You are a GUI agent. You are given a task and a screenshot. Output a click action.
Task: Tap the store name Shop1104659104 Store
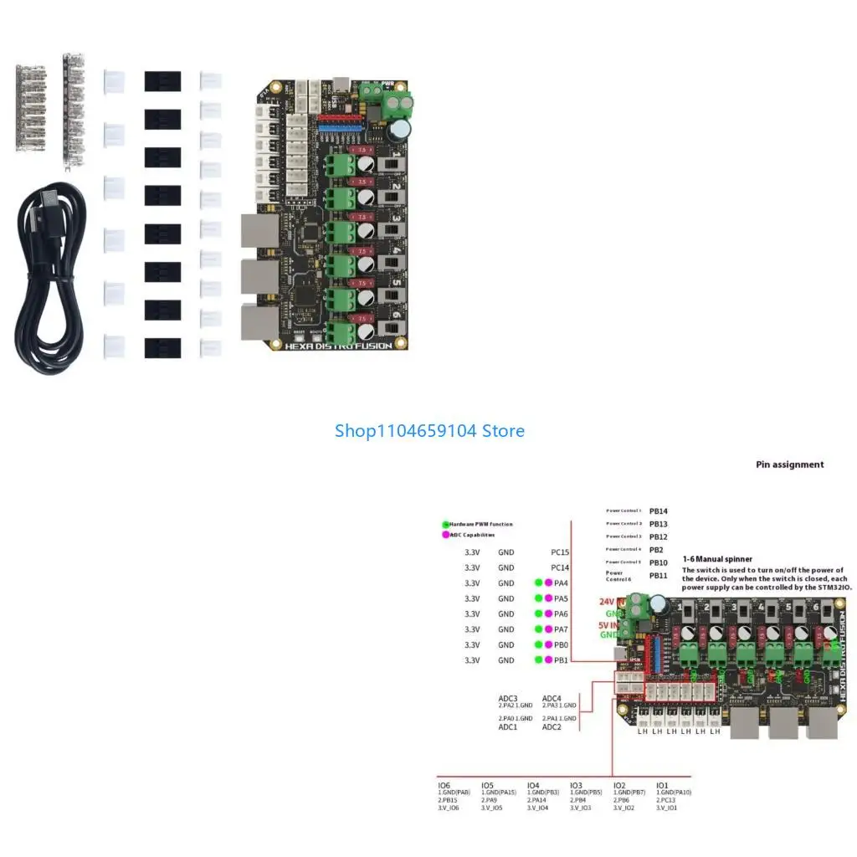[429, 431]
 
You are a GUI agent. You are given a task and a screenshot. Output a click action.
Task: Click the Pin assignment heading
[789, 464]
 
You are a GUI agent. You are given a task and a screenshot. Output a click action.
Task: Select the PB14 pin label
[659, 511]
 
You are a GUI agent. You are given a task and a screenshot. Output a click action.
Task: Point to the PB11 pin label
[659, 576]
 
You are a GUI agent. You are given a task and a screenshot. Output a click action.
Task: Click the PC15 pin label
[560, 552]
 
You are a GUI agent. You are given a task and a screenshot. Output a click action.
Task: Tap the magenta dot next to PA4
[549, 583]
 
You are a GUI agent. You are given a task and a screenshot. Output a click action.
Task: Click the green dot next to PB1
[538, 660]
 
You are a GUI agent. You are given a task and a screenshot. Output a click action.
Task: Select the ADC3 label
[508, 698]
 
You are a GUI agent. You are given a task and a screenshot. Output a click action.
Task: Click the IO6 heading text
[444, 786]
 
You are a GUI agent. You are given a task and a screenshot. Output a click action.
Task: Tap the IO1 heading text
[662, 786]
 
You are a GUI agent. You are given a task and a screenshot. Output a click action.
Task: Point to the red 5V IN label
[609, 624]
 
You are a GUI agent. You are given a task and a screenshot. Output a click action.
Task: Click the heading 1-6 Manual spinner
[716, 558]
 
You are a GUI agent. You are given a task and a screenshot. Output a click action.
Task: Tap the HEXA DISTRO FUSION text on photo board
[337, 346]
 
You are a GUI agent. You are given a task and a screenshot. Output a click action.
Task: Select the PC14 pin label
[560, 567]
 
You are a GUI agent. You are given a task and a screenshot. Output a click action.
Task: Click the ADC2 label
[552, 726]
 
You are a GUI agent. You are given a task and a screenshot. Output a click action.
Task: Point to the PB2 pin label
[656, 550]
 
